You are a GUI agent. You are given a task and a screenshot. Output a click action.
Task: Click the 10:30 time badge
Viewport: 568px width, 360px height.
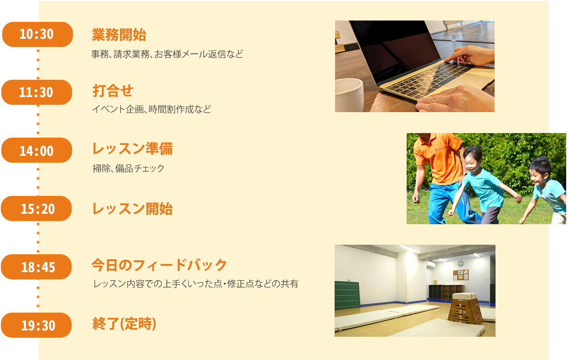pyautogui.click(x=37, y=34)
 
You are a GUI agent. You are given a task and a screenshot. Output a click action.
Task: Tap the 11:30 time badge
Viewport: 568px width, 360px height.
pyautogui.click(x=37, y=93)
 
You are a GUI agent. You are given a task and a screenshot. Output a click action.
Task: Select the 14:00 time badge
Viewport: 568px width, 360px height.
pyautogui.click(x=37, y=150)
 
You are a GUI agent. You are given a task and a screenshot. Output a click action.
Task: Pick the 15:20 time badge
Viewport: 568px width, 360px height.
pyautogui.click(x=36, y=209)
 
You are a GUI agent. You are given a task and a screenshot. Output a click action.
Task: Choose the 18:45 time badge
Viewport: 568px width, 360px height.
pyautogui.click(x=36, y=267)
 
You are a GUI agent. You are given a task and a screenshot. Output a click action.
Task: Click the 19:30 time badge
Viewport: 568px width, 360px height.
pyautogui.click(x=36, y=325)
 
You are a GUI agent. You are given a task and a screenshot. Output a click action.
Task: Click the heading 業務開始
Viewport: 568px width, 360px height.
pyautogui.click(x=119, y=35)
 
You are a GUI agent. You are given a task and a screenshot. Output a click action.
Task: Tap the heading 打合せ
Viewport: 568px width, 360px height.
pyautogui.click(x=113, y=91)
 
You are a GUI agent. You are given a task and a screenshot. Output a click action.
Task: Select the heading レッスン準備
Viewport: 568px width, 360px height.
pyautogui.click(x=132, y=149)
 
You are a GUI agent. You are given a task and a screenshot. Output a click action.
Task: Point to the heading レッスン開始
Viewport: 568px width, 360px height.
pyautogui.click(x=132, y=209)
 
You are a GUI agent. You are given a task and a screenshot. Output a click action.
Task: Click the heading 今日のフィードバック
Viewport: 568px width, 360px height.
pyautogui.click(x=159, y=265)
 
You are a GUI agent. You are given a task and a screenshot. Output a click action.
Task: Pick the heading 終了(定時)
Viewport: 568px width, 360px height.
pyautogui.click(x=124, y=324)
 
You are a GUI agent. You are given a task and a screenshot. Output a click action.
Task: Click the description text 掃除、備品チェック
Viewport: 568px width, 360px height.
pyautogui.click(x=129, y=168)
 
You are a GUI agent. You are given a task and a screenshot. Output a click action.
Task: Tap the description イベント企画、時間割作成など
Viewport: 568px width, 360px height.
pyautogui.click(x=152, y=109)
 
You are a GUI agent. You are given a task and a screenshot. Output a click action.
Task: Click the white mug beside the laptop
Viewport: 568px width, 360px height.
pyautogui.click(x=349, y=95)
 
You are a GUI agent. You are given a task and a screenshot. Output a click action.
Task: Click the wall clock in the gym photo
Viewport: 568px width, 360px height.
pyautogui.click(x=460, y=263)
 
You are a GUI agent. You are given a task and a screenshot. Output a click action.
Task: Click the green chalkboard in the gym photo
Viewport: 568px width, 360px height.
pyautogui.click(x=347, y=295)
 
